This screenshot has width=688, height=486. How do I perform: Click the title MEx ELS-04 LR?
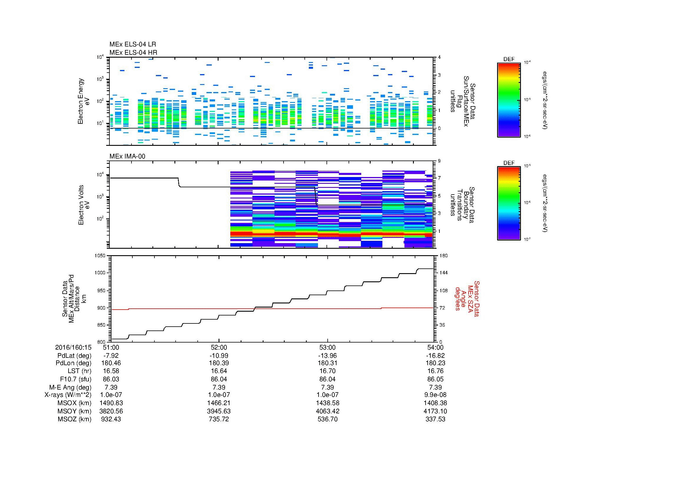click(x=132, y=44)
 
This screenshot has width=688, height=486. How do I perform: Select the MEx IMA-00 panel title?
click(x=127, y=156)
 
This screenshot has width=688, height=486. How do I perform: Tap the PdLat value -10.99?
click(x=219, y=356)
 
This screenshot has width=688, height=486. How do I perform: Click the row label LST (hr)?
click(x=79, y=371)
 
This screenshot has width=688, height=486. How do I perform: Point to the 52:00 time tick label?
click(x=219, y=347)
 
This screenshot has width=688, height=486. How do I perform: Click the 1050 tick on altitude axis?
click(x=100, y=256)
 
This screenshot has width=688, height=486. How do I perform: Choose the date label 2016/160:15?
click(x=73, y=347)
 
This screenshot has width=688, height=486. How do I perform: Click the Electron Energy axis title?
click(x=81, y=101)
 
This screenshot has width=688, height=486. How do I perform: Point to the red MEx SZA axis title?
click(x=467, y=298)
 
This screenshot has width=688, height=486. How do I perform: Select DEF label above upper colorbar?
click(x=509, y=59)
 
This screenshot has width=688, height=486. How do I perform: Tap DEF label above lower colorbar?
click(x=509, y=163)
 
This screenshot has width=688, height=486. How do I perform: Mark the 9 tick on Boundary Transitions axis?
click(x=439, y=161)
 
